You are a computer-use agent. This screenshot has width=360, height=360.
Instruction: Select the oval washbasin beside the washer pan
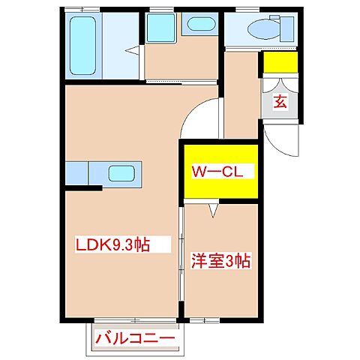pyautogui.click(x=199, y=25)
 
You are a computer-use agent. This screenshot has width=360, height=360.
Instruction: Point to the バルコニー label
pyautogui.click(x=134, y=340)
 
